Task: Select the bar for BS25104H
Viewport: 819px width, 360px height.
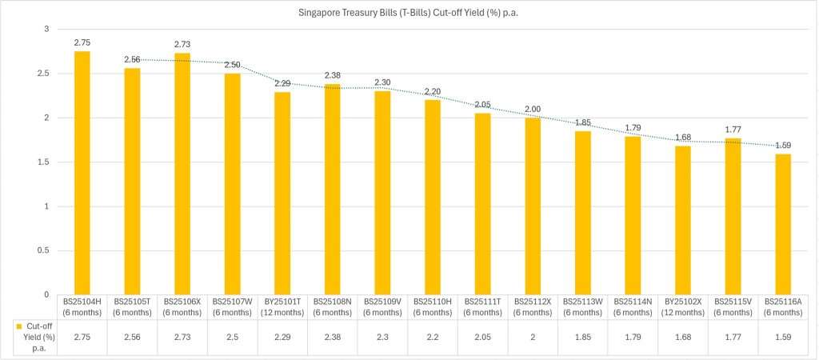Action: (x=82, y=172)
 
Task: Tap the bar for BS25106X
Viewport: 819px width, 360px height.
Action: (x=182, y=174)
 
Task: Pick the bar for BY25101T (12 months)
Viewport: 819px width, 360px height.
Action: (x=282, y=193)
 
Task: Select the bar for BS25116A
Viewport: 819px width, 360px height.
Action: (x=782, y=224)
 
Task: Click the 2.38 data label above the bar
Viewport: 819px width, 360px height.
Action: (x=332, y=75)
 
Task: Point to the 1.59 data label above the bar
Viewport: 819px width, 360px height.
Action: (x=782, y=145)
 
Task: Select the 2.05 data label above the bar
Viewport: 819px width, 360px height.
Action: (x=482, y=104)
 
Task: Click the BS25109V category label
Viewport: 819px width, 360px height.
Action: (x=382, y=306)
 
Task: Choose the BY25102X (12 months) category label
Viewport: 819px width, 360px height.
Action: (x=682, y=306)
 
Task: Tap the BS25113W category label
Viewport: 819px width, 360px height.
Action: (x=582, y=306)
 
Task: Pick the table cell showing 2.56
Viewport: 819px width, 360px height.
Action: (x=132, y=338)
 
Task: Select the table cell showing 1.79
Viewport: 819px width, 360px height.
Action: (x=632, y=338)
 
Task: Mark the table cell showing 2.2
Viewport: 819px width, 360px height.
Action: (x=432, y=338)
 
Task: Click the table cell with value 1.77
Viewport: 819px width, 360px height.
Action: (x=732, y=338)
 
